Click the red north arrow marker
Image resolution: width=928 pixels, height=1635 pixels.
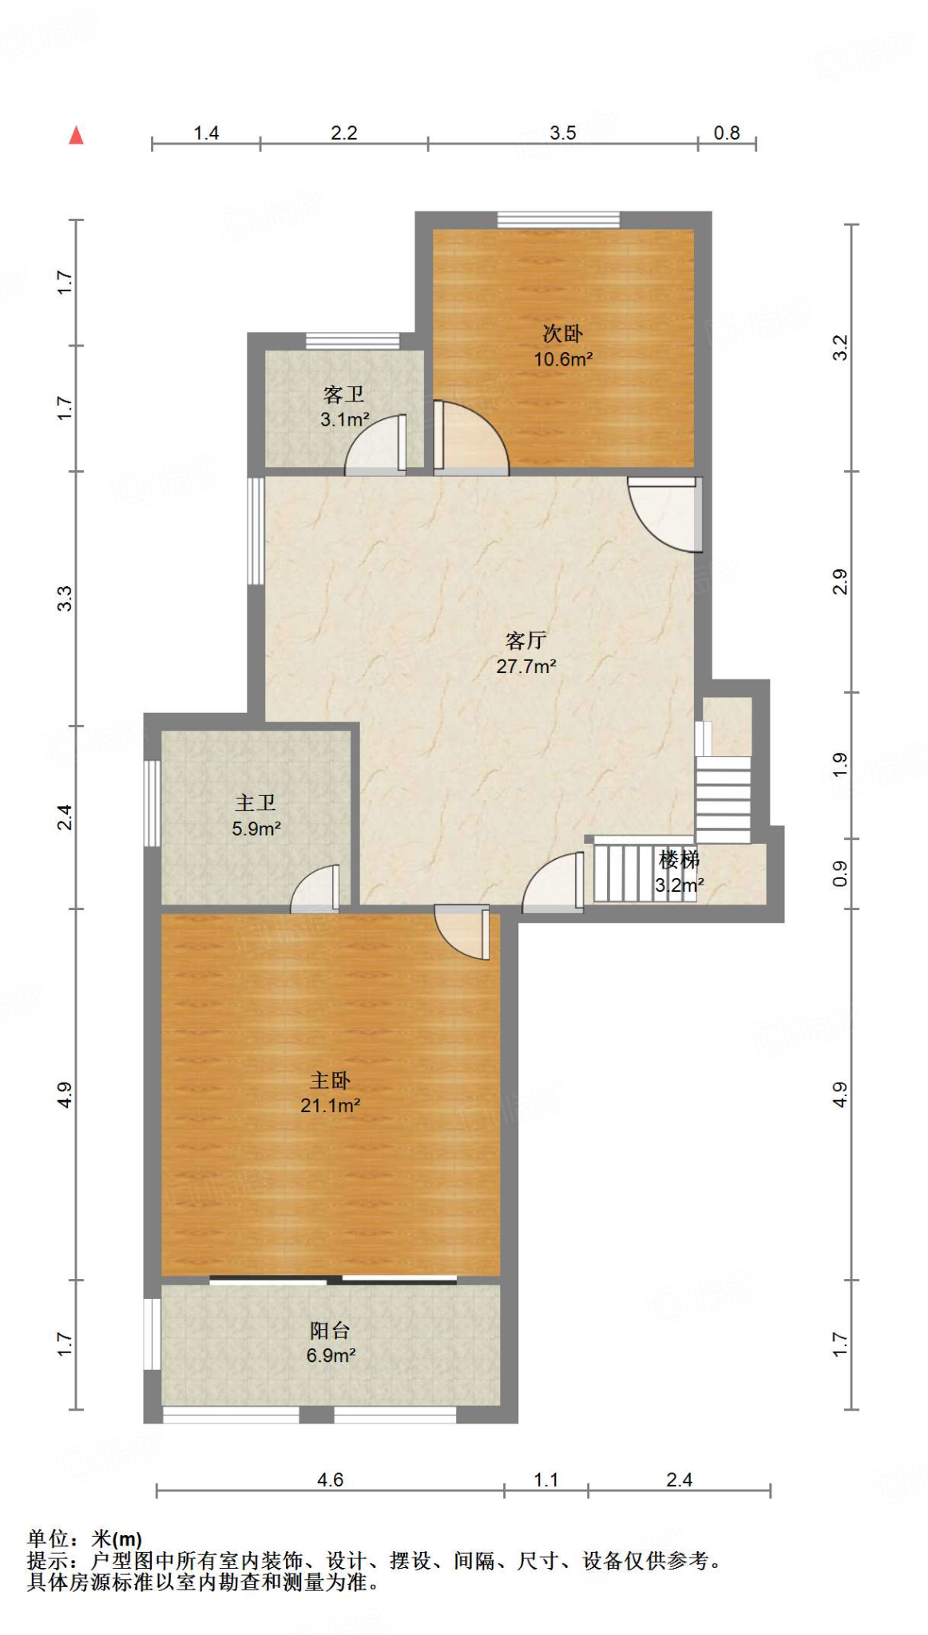coord(77,135)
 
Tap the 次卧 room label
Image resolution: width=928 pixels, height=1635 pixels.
coord(562,333)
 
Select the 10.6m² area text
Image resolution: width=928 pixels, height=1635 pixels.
coord(562,359)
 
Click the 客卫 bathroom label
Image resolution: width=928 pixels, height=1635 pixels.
coord(343,394)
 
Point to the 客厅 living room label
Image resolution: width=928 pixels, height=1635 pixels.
coord(525,639)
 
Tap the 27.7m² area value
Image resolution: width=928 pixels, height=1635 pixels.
coord(525,666)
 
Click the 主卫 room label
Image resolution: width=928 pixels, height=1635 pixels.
coord(256,802)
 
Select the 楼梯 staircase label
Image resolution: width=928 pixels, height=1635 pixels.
coord(679,860)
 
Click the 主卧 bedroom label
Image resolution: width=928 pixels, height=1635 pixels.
coord(330,1080)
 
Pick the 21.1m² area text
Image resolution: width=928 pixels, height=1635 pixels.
coord(330,1106)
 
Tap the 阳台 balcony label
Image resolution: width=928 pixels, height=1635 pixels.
coord(330,1330)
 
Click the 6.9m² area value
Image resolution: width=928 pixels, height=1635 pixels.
coord(330,1356)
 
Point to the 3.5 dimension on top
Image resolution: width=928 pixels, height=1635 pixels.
coord(562,133)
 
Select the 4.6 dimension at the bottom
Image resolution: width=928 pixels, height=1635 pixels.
coord(330,1479)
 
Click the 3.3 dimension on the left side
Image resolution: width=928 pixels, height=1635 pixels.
coord(65,598)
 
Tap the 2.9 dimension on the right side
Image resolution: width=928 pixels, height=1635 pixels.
coord(839,581)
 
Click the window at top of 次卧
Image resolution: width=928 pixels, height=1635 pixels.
coord(558,220)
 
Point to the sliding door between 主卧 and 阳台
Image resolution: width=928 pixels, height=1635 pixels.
coord(333,1280)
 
